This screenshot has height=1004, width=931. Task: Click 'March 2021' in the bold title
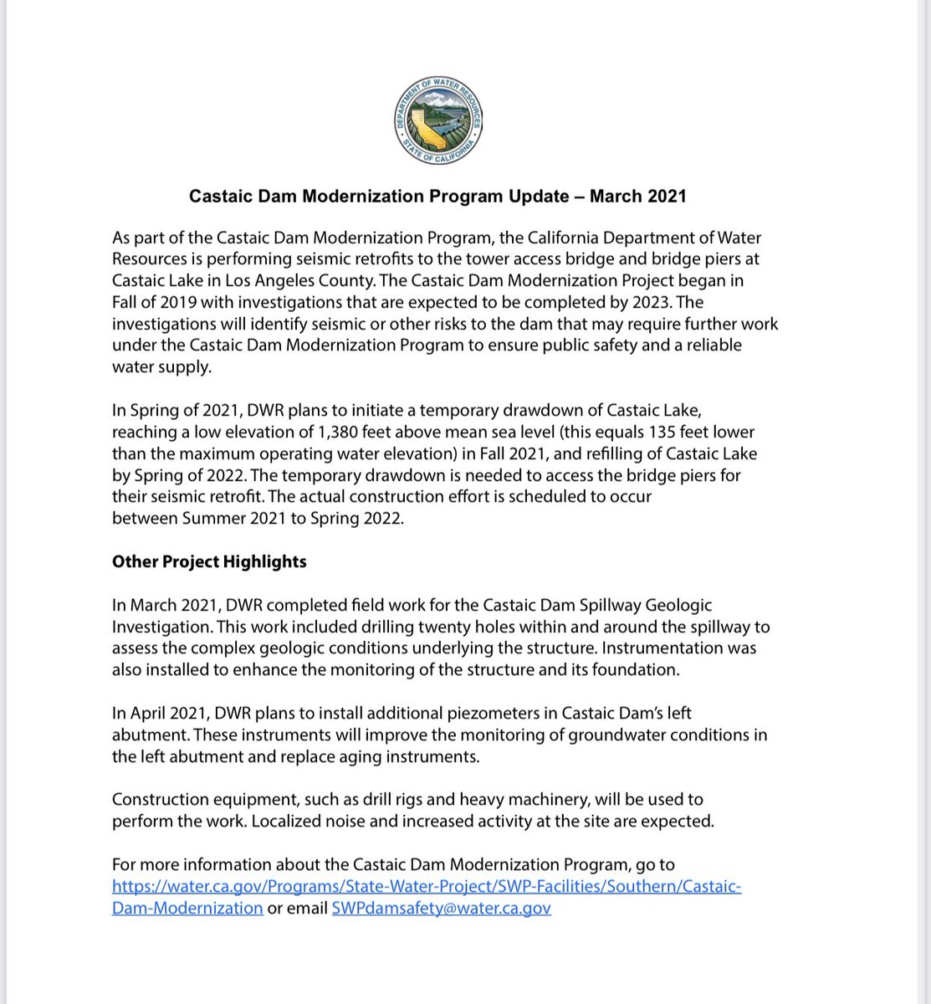tap(637, 197)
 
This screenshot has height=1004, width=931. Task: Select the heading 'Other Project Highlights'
tap(209, 561)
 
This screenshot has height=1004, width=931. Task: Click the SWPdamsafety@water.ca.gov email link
tap(441, 908)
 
